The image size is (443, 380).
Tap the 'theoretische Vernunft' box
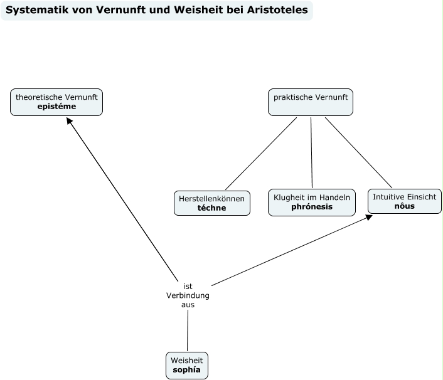coord(56,102)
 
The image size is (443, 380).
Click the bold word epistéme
coord(56,107)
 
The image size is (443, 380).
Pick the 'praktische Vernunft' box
coord(311,102)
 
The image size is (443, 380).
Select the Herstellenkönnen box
coord(211,203)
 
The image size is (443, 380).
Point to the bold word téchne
coord(211,208)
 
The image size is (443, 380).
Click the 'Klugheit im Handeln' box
coord(312,202)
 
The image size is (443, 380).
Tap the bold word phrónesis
coord(312,207)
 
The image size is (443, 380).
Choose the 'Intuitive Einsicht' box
coord(405,201)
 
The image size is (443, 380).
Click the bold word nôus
coord(405,206)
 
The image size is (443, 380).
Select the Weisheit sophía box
coord(188,365)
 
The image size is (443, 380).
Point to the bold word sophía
coord(188,370)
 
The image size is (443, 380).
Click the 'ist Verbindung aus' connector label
coord(188,295)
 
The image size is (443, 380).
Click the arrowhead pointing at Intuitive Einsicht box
coord(370,217)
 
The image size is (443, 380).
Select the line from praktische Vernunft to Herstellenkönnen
coord(260,154)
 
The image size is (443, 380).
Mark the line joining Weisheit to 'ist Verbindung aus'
coord(188,330)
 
